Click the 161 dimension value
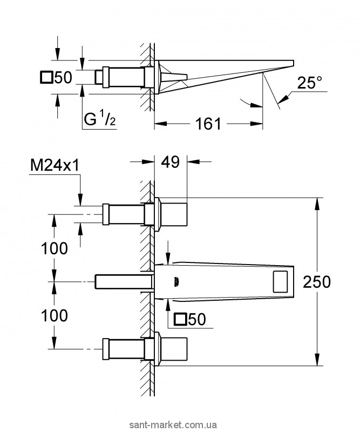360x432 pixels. [x=208, y=124]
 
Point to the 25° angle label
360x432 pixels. [x=310, y=82]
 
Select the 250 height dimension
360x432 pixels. [x=317, y=282]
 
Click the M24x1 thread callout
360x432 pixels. [x=55, y=166]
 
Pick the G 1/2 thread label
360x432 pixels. [x=100, y=119]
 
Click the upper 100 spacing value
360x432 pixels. [x=55, y=248]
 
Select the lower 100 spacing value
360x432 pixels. [x=55, y=315]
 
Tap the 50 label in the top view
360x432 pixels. [x=63, y=77]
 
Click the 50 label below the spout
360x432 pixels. [x=197, y=319]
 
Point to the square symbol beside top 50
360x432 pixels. [x=46, y=77]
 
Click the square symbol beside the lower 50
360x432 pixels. [x=180, y=319]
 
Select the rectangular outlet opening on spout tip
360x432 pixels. [x=281, y=281]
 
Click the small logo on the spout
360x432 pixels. [x=176, y=282]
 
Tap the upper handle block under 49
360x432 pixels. [x=174, y=214]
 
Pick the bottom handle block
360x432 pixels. [x=174, y=349]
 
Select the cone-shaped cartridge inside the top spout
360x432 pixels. [x=174, y=77]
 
